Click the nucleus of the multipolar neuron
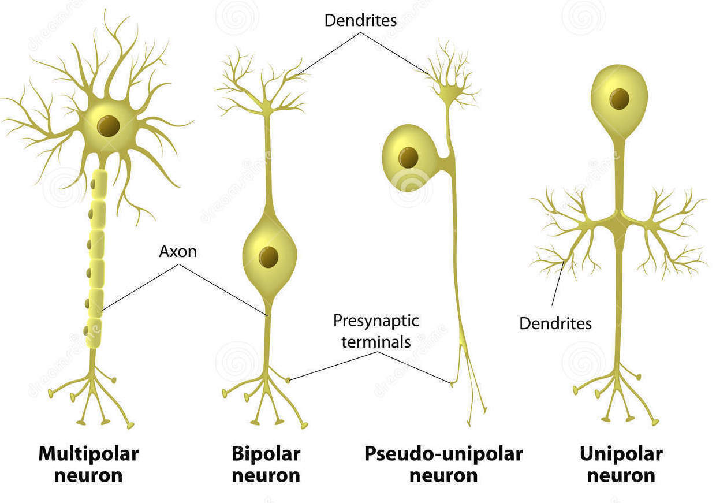(108, 126)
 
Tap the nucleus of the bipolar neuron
(268, 257)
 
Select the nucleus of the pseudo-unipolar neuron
(408, 158)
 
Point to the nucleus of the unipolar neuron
(620, 99)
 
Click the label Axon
(178, 252)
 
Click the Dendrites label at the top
(360, 20)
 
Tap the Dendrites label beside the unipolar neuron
(555, 323)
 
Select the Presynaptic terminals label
(376, 331)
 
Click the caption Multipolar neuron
(88, 464)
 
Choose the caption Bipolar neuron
(266, 464)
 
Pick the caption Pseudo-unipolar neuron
(443, 464)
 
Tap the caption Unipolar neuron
(621, 464)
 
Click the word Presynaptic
(376, 321)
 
